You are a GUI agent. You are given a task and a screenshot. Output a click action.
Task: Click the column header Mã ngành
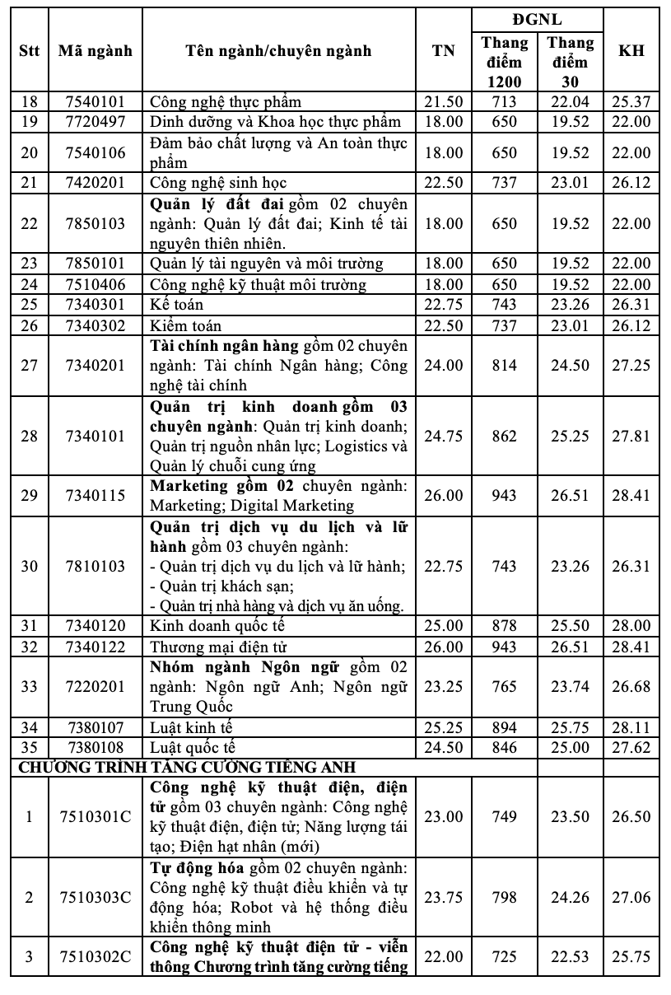click(x=96, y=50)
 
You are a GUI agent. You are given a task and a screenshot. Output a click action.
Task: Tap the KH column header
click(x=631, y=50)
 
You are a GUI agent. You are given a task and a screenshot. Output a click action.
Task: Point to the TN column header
click(x=444, y=50)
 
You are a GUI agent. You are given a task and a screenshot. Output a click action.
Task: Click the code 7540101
click(x=96, y=102)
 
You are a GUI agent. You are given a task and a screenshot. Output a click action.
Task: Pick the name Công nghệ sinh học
click(x=218, y=183)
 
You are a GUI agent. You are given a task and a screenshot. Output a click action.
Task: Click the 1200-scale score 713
click(x=505, y=102)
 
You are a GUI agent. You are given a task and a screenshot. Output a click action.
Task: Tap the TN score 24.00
click(x=444, y=365)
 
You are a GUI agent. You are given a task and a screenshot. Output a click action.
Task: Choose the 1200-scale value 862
click(x=505, y=436)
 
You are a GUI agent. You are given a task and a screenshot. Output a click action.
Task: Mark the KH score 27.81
click(x=631, y=436)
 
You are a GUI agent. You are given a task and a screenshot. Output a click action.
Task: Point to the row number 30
click(x=30, y=567)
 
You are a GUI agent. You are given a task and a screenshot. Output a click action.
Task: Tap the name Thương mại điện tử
click(x=218, y=647)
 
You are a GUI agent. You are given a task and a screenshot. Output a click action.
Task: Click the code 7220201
click(x=96, y=687)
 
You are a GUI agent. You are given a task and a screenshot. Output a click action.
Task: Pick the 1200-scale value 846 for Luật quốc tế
click(x=505, y=748)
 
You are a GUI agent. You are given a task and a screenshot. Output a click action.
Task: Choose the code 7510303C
click(x=96, y=897)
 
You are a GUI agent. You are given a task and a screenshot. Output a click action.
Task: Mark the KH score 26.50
click(x=631, y=817)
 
